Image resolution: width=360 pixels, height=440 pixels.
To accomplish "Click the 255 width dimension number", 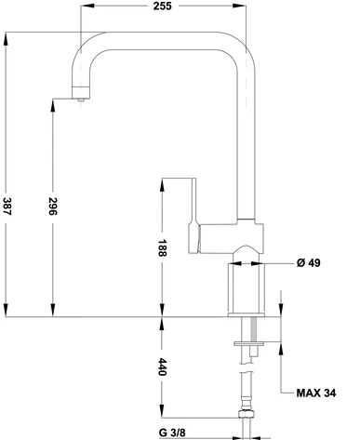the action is [163, 6].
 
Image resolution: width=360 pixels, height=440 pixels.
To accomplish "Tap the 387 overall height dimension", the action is [7, 207].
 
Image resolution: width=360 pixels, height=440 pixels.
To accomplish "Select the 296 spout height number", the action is [53, 207].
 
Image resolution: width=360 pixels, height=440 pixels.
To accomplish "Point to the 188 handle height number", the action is [162, 247].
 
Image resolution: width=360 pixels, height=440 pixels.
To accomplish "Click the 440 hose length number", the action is [162, 367].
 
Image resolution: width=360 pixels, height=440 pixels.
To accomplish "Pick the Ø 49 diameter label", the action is [309, 263].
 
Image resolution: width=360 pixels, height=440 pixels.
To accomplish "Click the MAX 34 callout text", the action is [316, 393].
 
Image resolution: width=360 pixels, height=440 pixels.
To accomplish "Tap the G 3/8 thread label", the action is [172, 433].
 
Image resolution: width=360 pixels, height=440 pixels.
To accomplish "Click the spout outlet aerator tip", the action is [81, 100].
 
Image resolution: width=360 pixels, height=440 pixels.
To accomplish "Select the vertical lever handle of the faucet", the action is [193, 215].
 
